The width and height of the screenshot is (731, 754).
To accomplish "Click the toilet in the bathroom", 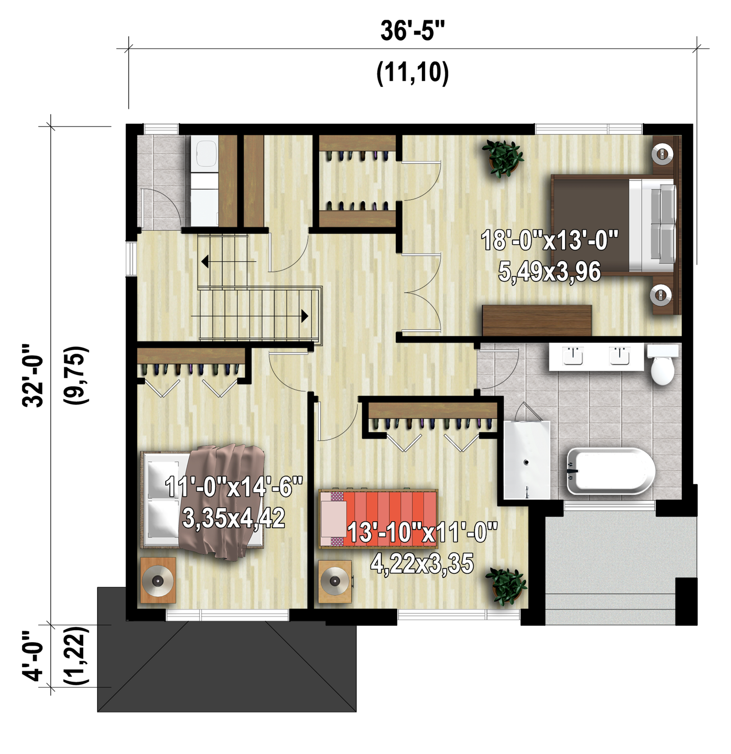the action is (663, 364).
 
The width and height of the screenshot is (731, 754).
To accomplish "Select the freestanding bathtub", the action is (610, 471).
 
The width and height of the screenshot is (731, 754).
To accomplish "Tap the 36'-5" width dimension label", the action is (412, 31).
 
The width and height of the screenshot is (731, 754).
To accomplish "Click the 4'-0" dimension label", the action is (33, 656).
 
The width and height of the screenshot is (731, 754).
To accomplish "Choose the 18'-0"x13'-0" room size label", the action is (549, 240).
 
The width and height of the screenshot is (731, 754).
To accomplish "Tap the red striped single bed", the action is (378, 519).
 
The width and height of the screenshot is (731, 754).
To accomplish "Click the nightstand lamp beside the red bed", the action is (335, 581).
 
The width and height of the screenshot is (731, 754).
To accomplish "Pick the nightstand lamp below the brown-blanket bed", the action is (158, 581).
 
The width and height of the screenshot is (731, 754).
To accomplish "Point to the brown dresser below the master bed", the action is (537, 320).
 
